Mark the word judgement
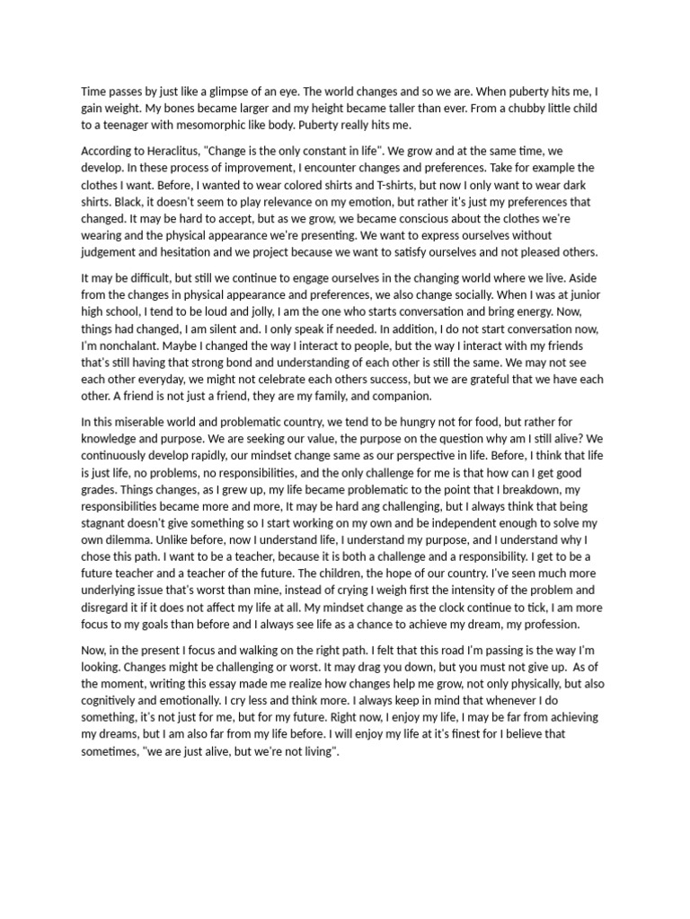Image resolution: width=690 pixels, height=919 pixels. pyautogui.click(x=111, y=251)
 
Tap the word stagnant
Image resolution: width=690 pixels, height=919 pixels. pyautogui.click(x=107, y=523)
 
